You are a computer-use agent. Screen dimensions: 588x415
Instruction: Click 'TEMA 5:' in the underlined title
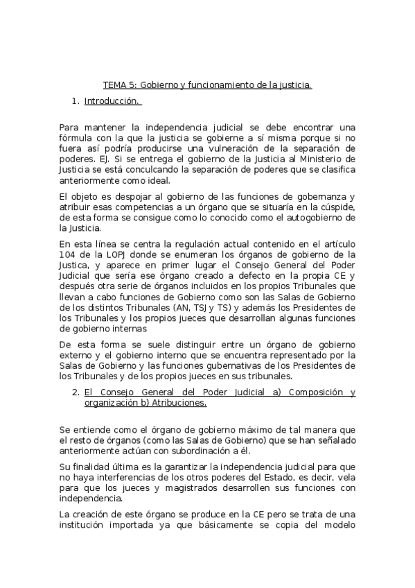click(120, 85)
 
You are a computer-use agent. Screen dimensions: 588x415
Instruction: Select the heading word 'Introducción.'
click(112, 101)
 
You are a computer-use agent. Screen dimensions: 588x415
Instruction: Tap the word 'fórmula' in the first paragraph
click(76, 137)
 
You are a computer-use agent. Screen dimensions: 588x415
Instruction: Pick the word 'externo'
click(76, 355)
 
